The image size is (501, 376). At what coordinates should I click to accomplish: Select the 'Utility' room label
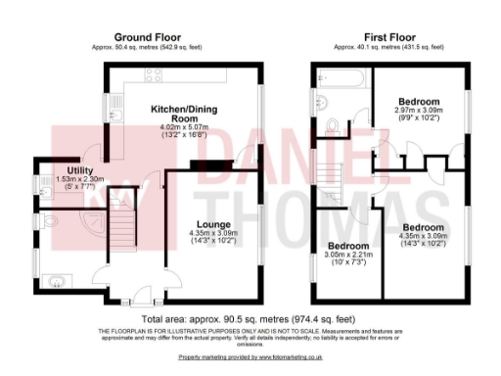(54, 169)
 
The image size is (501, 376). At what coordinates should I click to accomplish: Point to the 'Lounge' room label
(212, 224)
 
